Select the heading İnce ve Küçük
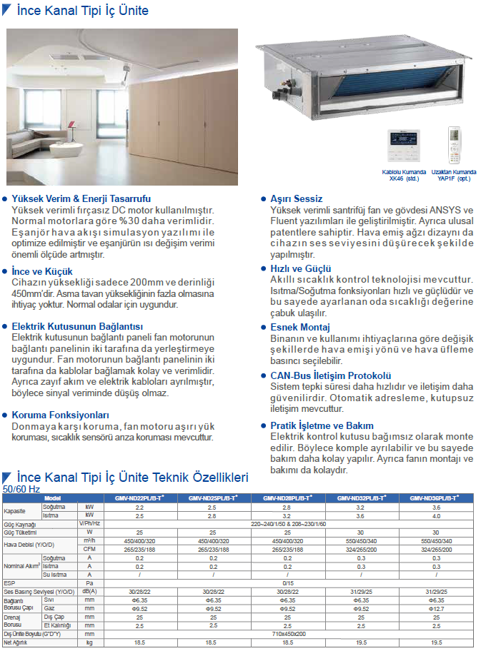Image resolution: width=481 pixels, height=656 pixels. point(42,271)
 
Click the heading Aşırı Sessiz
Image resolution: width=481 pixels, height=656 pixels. point(296,198)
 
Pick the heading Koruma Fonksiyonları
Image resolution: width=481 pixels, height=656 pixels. point(60,414)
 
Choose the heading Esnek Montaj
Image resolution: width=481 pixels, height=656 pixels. point(300,327)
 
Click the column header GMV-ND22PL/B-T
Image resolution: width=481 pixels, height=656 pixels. point(139,498)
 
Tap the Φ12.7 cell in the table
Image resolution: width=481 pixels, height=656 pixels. point(436,609)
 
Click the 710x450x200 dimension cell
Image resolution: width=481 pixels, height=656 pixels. point(288,633)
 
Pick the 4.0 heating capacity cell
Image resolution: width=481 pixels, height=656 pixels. point(436,515)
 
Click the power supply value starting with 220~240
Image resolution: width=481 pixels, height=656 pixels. point(288,524)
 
